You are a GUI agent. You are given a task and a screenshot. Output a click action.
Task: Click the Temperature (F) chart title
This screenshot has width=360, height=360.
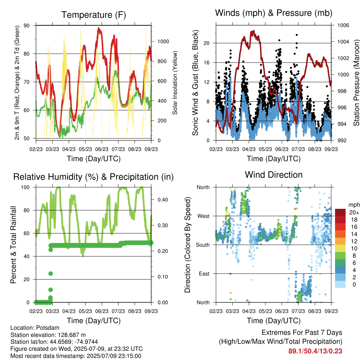pyautogui.click(x=94, y=15)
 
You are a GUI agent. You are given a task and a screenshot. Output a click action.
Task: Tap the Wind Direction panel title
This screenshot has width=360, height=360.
pyautogui.click(x=274, y=175)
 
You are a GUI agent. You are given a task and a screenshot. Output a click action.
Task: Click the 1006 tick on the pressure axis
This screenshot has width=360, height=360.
pyautogui.click(x=343, y=25)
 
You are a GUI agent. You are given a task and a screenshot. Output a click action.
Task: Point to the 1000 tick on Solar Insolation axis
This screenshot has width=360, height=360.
pyautogui.click(x=163, y=41)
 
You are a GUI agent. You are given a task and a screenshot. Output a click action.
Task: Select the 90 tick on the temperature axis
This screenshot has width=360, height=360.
pyautogui.click(x=27, y=25)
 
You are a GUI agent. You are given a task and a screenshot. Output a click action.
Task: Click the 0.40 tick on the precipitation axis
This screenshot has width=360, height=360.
pyautogui.click(x=163, y=200)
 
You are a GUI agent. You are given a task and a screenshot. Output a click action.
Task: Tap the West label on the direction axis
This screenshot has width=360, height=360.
pyautogui.click(x=204, y=216)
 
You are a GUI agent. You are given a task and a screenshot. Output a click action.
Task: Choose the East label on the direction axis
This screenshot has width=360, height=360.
pyautogui.click(x=204, y=274)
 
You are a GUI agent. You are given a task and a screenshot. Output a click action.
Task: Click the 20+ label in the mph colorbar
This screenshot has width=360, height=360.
pyautogui.click(x=354, y=212)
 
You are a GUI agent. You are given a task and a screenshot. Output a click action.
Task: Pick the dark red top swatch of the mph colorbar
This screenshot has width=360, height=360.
pyautogui.click(x=340, y=212)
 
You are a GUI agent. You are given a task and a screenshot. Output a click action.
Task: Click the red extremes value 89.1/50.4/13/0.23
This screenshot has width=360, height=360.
pyautogui.click(x=315, y=351)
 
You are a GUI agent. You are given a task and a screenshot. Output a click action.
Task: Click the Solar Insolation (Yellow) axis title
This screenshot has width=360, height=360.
pyautogui.click(x=175, y=83)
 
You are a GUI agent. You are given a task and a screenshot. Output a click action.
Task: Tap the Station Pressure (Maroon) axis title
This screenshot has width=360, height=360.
pyautogui.click(x=356, y=83)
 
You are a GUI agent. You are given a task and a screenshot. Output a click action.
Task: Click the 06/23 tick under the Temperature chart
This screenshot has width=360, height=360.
pyautogui.click(x=102, y=149)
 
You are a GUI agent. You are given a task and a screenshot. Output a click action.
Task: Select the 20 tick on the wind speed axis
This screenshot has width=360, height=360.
pyautogui.click(x=207, y=43)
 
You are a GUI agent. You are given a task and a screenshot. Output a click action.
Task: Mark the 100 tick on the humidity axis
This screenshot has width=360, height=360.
pyautogui.click(x=25, y=187)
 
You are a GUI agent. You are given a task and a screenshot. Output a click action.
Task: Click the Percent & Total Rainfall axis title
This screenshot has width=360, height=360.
pyautogui.click(x=13, y=245)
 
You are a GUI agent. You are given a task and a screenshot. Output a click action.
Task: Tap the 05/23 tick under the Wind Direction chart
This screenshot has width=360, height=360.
pyautogui.click(x=265, y=311)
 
